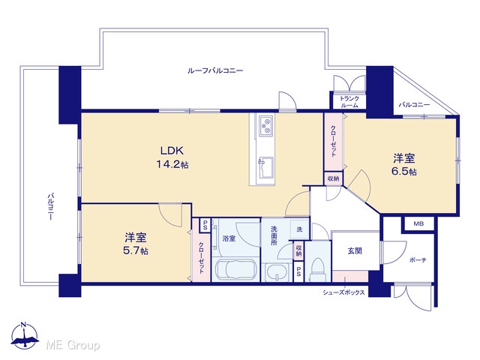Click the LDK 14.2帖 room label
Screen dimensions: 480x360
pyautogui.click(x=172, y=157)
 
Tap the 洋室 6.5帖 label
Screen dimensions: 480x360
pyautogui.click(x=404, y=165)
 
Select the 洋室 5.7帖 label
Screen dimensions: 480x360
pyautogui.click(x=136, y=244)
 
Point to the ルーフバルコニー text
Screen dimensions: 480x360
pyautogui.click(x=215, y=70)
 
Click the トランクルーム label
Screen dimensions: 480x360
pyautogui.click(x=349, y=102)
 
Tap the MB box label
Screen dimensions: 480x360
pyautogui.click(x=418, y=223)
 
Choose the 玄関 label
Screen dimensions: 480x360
pyautogui.click(x=355, y=251)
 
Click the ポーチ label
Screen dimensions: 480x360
pyautogui.click(x=418, y=260)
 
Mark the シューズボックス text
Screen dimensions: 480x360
pyautogui.click(x=343, y=292)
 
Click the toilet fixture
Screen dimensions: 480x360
pyautogui.click(x=317, y=269)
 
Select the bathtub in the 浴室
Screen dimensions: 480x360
pyautogui.click(x=235, y=270)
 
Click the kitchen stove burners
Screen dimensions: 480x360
pyautogui.click(x=265, y=125)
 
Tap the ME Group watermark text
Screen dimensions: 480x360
pyautogui.click(x=73, y=346)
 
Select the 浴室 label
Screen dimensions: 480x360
pyautogui.click(x=229, y=238)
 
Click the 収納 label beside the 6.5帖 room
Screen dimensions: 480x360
pyautogui.click(x=333, y=178)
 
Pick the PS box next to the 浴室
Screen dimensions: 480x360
pyautogui.click(x=205, y=225)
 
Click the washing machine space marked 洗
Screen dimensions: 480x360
pyautogui.click(x=300, y=229)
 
